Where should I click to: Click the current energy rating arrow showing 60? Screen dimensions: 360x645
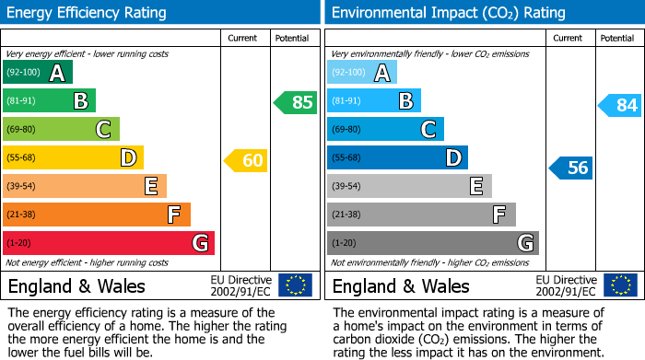pyautogui.click(x=245, y=160)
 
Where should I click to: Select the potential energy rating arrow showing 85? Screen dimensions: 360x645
pyautogui.click(x=295, y=102)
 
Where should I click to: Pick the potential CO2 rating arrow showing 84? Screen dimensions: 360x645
pyautogui.click(x=619, y=105)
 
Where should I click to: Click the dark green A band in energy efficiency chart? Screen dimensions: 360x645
pyautogui.click(x=38, y=73)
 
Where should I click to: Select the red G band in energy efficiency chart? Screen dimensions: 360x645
pyautogui.click(x=109, y=243)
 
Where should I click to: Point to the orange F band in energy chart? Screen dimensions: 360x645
pyautogui.click(x=97, y=215)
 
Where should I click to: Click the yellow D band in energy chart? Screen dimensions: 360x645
pyautogui.click(x=73, y=157)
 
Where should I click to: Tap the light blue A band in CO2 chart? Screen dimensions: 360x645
pyautogui.click(x=362, y=73)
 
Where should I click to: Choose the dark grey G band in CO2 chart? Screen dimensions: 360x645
pyautogui.click(x=432, y=243)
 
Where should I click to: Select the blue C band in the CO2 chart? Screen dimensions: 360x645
pyautogui.click(x=385, y=129)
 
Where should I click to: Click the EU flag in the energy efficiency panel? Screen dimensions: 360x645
pyautogui.click(x=295, y=285)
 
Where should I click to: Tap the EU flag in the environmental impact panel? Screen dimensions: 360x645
pyautogui.click(x=619, y=285)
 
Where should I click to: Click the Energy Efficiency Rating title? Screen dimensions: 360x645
pyautogui.click(x=88, y=13)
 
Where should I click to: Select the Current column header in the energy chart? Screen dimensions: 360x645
pyautogui.click(x=244, y=38)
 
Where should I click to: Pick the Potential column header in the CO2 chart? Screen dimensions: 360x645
pyautogui.click(x=617, y=38)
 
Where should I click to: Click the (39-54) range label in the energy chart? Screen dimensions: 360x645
pyautogui.click(x=20, y=187)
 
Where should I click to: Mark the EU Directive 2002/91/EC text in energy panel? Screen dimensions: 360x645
pyautogui.click(x=241, y=285)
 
